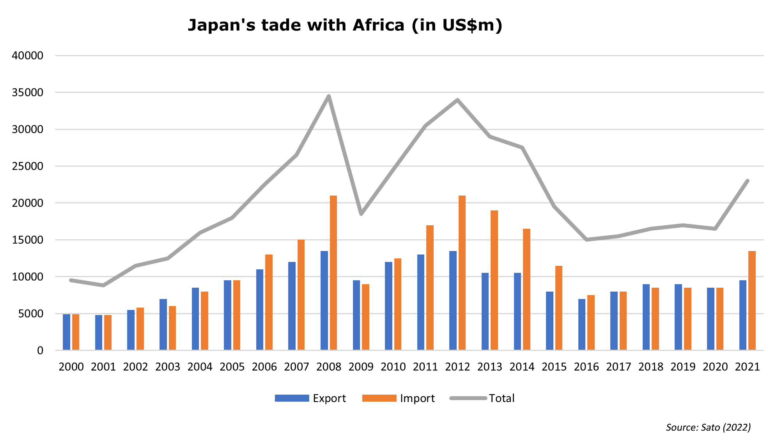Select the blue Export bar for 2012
pyautogui.click(x=453, y=300)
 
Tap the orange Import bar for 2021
pyautogui.click(x=752, y=300)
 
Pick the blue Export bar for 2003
pyautogui.click(x=163, y=324)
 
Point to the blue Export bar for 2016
pyautogui.click(x=582, y=324)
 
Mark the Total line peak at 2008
pyautogui.click(x=329, y=96)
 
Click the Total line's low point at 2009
pyautogui.click(x=361, y=214)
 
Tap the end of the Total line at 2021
pyautogui.click(x=748, y=181)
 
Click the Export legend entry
pyautogui.click(x=310, y=398)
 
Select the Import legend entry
pyautogui.click(x=398, y=398)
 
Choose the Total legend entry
pyautogui.click(x=482, y=398)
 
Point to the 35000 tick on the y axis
pyautogui.click(x=27, y=93)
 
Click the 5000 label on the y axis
pyautogui.click(x=30, y=313)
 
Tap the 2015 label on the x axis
pyautogui.click(x=554, y=367)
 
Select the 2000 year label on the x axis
pyautogui.click(x=71, y=367)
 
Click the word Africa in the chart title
pyautogui.click(x=378, y=25)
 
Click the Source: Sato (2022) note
pyautogui.click(x=708, y=427)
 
